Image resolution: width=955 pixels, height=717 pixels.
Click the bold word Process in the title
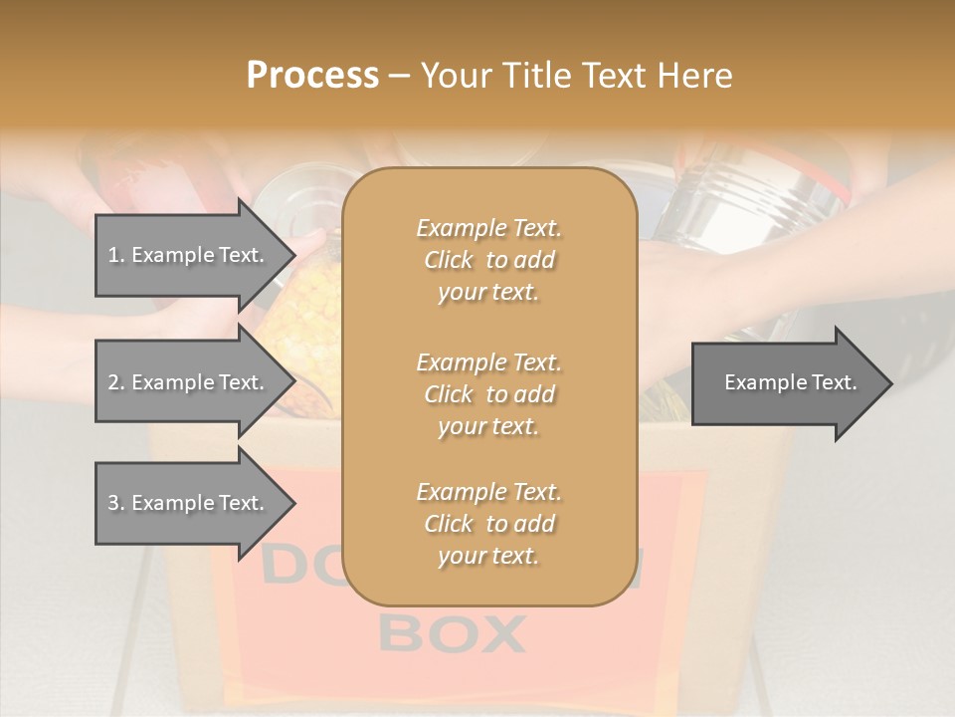(312, 76)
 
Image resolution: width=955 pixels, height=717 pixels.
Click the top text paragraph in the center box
(488, 260)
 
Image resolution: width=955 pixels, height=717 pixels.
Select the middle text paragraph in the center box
(488, 393)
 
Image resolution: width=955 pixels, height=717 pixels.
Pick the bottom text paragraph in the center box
(488, 524)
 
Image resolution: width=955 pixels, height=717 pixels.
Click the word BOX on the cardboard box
(453, 633)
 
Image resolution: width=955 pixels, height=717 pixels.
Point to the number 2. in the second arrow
(116, 382)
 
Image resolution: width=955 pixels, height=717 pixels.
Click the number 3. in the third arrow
(116, 503)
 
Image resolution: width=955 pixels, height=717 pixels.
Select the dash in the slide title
(399, 77)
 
